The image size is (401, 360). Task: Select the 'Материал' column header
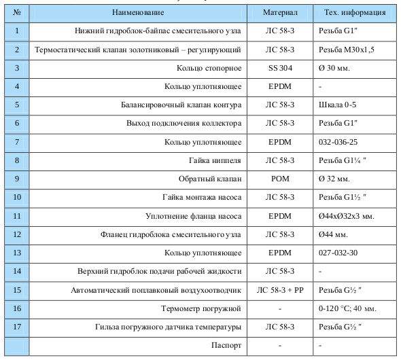(x=281, y=12)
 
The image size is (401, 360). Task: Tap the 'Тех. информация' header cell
(x=353, y=12)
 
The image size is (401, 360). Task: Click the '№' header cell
(x=16, y=12)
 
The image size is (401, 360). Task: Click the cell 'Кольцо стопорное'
(x=208, y=68)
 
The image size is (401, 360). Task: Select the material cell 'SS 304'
(x=281, y=68)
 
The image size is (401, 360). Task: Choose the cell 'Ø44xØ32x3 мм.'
(x=346, y=216)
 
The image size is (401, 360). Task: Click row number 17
(x=16, y=327)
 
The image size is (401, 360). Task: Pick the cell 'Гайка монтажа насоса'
(x=199, y=198)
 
